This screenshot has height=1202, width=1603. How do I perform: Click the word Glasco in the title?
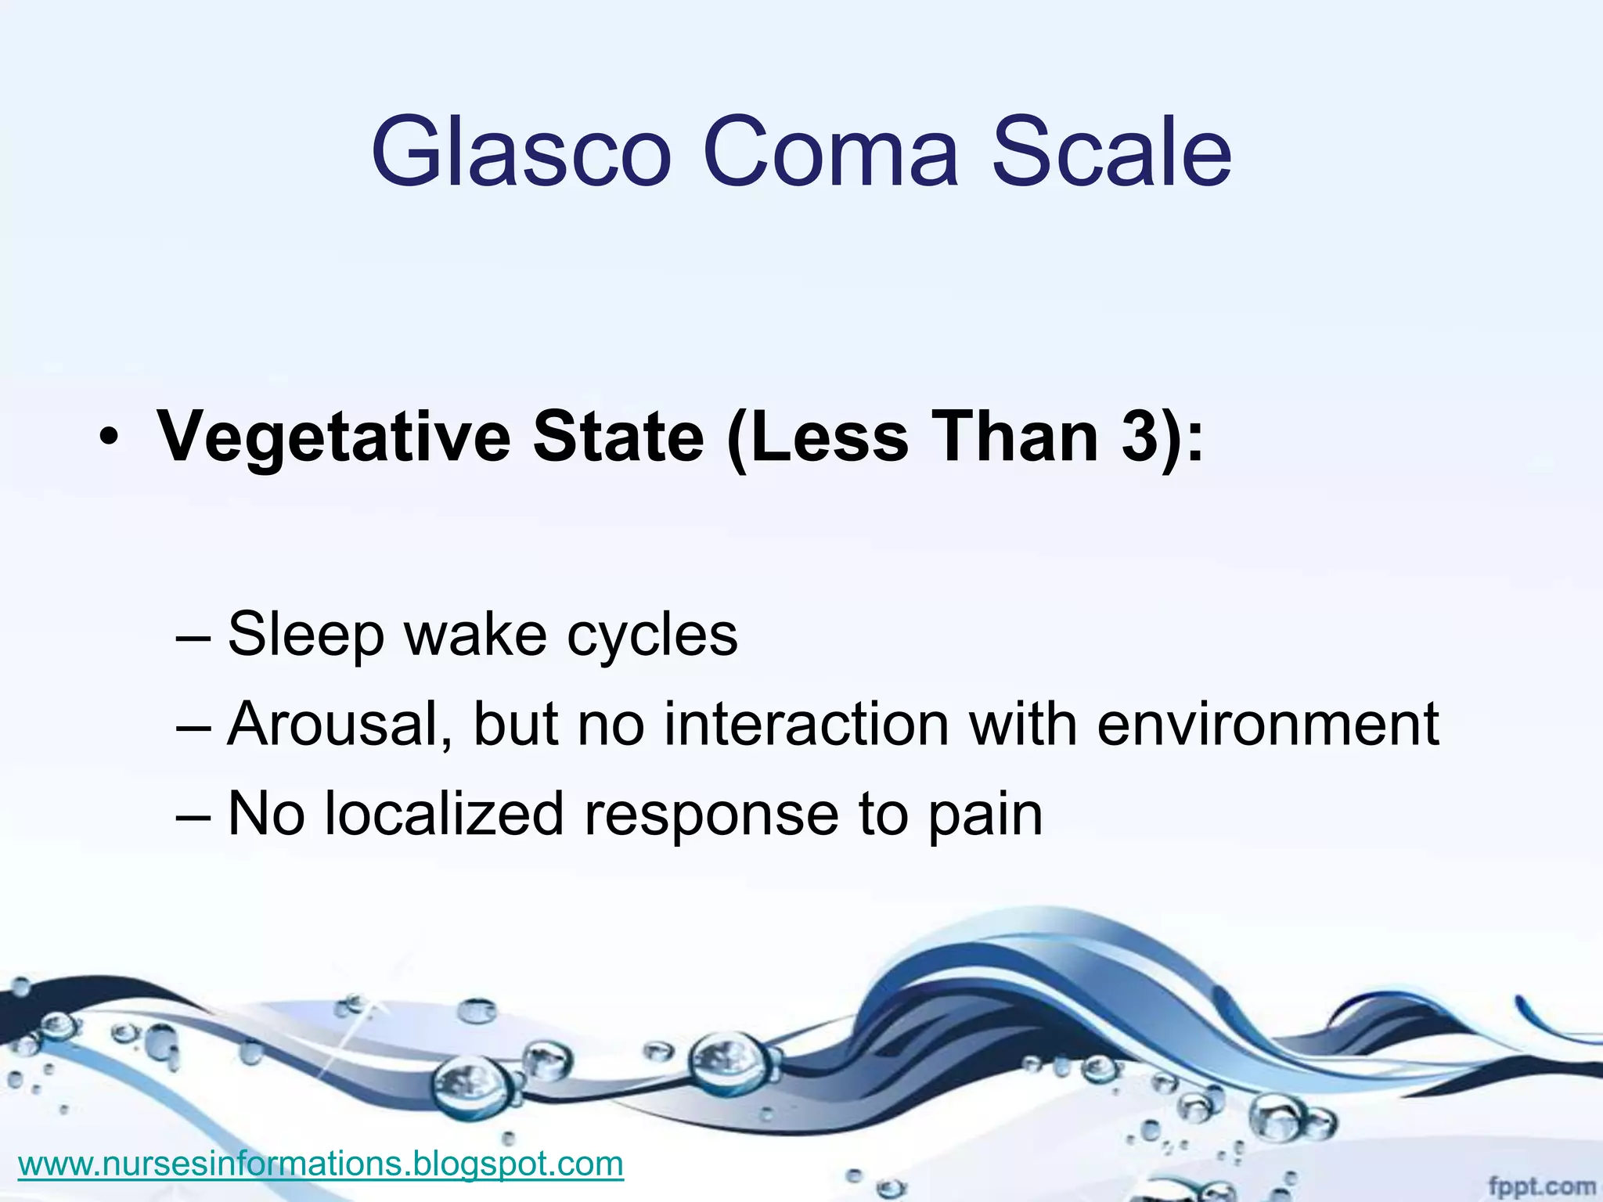[521, 153]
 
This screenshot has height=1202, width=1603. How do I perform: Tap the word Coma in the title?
[830, 153]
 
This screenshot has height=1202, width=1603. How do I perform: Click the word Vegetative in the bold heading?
[333, 437]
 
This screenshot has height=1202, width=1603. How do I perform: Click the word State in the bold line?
[618, 437]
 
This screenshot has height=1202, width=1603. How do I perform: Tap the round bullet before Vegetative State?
[109, 440]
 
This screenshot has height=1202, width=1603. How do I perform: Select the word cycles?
[652, 634]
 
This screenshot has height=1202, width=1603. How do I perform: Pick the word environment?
[1267, 725]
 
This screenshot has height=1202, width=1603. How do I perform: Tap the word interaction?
[806, 725]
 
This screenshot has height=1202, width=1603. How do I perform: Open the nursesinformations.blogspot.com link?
[320, 1164]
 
